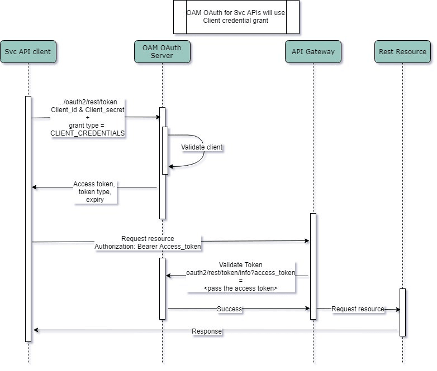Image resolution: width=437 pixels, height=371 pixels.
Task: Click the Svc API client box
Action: point(28,52)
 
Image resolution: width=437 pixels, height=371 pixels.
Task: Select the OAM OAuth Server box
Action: point(162,52)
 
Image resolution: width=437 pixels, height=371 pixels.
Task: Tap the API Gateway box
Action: point(313,52)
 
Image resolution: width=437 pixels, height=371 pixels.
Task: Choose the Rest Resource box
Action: point(402,52)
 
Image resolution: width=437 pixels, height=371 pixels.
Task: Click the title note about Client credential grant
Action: point(236,17)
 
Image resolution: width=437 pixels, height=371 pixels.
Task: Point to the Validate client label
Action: point(202,147)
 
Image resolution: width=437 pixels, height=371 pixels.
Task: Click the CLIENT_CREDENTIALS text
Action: point(88,133)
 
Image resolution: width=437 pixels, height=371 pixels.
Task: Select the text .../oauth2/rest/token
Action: point(88,102)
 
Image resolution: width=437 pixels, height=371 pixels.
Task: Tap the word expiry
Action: point(94,199)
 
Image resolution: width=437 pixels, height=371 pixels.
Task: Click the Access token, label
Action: point(94,184)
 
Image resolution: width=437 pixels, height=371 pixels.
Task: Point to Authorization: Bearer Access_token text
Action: point(148,246)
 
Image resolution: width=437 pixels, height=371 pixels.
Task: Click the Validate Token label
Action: point(240,265)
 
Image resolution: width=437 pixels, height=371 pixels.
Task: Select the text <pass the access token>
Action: point(240,288)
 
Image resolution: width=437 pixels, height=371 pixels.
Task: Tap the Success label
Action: point(229,309)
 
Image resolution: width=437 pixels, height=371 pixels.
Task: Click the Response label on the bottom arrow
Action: point(206,331)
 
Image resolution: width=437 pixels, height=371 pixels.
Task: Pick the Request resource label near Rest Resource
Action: point(358,309)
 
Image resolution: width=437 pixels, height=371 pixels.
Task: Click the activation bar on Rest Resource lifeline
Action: point(402,312)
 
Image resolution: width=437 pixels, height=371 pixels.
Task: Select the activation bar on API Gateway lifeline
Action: point(313,266)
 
